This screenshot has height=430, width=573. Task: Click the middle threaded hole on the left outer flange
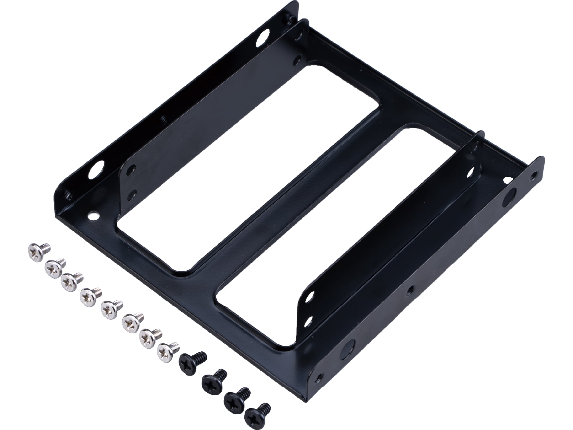(x=164, y=119)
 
